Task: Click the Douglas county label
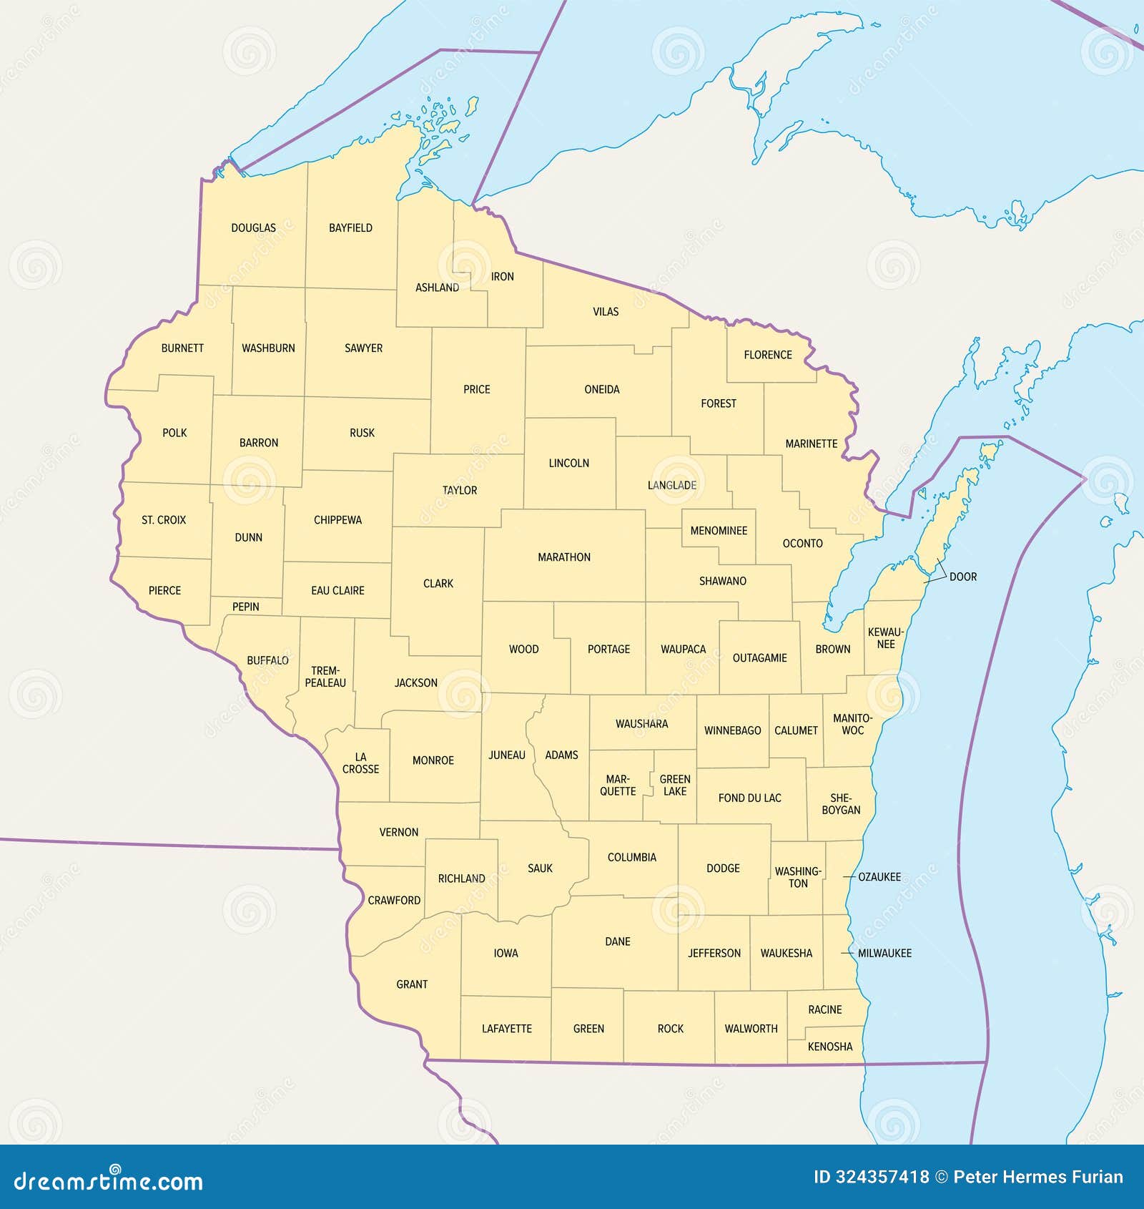(x=253, y=228)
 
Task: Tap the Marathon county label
(x=564, y=557)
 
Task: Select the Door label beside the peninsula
(x=962, y=577)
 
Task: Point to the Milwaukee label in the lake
(x=884, y=954)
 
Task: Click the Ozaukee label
(x=879, y=877)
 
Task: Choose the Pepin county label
(x=245, y=607)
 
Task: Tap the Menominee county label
(x=719, y=531)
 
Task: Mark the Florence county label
(x=768, y=355)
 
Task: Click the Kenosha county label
(x=829, y=1047)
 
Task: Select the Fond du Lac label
(x=749, y=798)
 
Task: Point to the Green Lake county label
(x=674, y=785)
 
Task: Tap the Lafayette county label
(x=506, y=1029)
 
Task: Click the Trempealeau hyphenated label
(x=325, y=677)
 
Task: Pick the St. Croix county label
(x=164, y=520)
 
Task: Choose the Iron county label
(x=502, y=277)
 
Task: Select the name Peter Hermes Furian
(x=1038, y=1177)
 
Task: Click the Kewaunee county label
(x=885, y=638)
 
